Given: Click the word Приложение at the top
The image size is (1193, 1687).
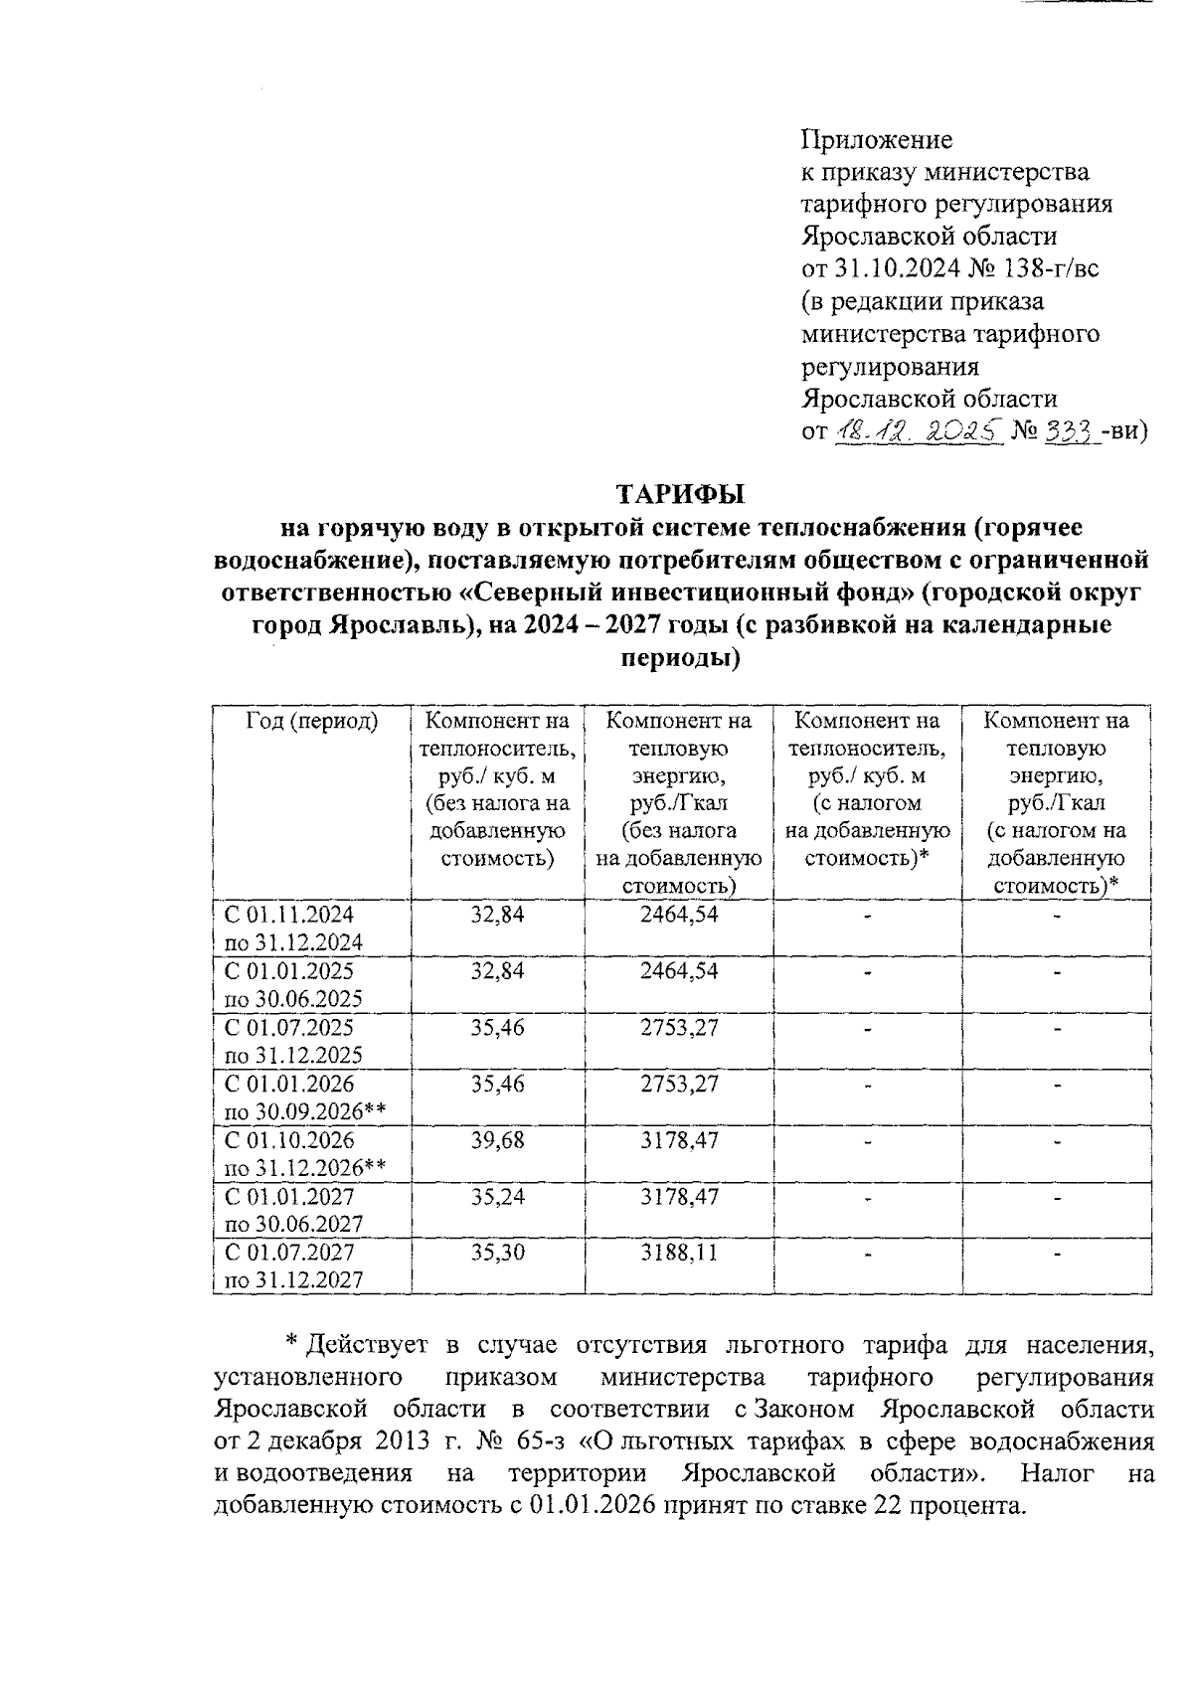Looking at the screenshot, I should click(x=877, y=139).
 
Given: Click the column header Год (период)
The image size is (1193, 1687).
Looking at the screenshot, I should click(x=312, y=721).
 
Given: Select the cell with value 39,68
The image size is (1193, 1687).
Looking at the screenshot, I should click(x=497, y=1139).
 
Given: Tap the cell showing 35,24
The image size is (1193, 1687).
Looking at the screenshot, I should click(x=497, y=1196).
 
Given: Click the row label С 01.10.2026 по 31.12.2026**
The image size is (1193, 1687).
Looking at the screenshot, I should click(x=304, y=1153).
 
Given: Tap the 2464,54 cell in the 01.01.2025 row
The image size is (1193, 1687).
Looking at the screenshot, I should click(x=679, y=970).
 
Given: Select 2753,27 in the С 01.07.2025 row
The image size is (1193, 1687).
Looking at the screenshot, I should click(x=679, y=1027).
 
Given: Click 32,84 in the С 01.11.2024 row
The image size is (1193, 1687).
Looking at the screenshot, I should click(x=497, y=915).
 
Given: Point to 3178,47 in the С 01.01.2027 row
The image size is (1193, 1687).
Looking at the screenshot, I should click(x=679, y=1196).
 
